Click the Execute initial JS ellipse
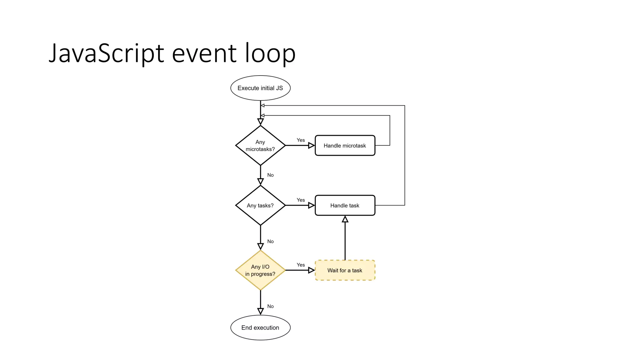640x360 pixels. [x=260, y=88]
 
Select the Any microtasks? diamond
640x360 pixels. [x=260, y=145]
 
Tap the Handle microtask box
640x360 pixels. [x=345, y=146]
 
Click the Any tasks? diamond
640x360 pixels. [x=260, y=205]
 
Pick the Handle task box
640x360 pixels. [x=345, y=205]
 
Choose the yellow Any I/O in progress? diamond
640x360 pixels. [x=260, y=270]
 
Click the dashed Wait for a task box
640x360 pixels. [x=345, y=270]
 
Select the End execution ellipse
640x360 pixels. [x=260, y=327]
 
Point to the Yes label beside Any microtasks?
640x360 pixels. [x=301, y=140]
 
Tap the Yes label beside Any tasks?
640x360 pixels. [x=301, y=200]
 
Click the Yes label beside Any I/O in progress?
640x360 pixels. [x=301, y=265]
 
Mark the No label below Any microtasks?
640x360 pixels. [x=270, y=175]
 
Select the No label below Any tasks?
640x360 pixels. [x=270, y=241]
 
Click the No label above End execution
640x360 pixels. [x=270, y=306]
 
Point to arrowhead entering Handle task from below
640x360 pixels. [x=345, y=219]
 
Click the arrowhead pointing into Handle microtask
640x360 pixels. [x=311, y=145]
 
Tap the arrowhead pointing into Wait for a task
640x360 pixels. [x=311, y=270]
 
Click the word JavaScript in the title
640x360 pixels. [x=106, y=53]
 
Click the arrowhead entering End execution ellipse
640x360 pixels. [x=260, y=311]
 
